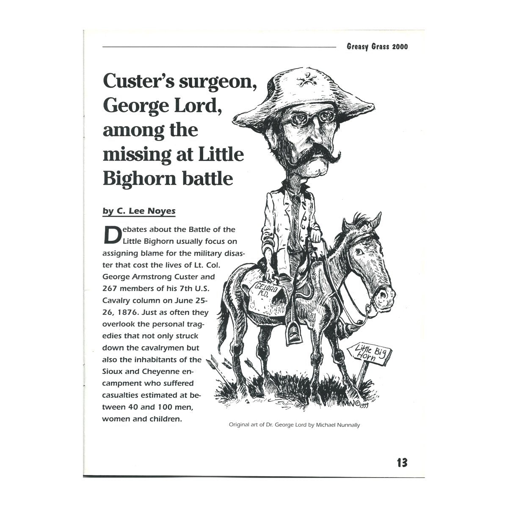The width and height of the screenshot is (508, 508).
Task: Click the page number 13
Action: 402,462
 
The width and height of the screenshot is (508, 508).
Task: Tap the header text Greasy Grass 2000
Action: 377,47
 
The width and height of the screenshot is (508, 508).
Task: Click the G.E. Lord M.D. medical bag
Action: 262,296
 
